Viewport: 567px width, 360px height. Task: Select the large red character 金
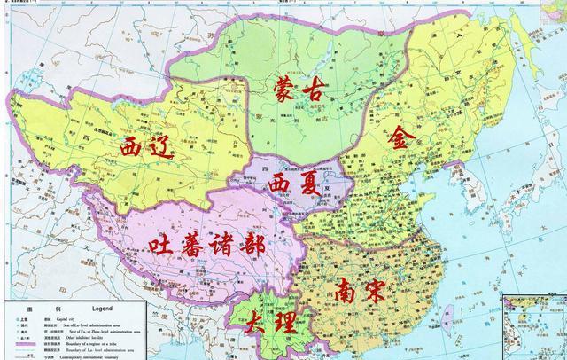click(x=402, y=138)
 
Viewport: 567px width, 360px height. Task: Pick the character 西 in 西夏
click(x=276, y=184)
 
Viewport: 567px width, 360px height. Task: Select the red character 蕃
click(x=200, y=244)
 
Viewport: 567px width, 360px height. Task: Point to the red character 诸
click(x=236, y=244)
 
